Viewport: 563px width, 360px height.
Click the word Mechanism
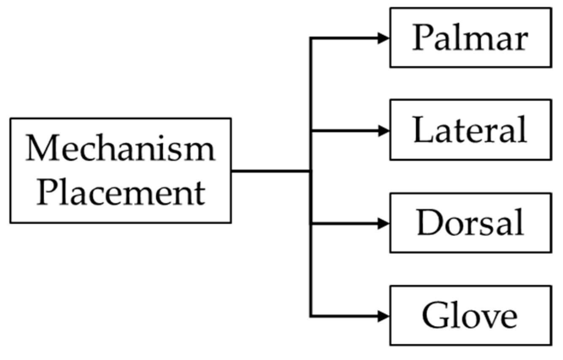120,149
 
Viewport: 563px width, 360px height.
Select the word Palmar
470,38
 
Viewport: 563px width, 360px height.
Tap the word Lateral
470,130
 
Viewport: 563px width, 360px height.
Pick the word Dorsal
470,223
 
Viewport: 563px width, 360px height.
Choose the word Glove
470,316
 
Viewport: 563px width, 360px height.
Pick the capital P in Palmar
423,38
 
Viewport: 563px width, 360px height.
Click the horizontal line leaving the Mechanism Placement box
270,171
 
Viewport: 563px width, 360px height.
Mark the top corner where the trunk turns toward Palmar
311,38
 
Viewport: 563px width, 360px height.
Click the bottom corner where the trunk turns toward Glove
311,316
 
